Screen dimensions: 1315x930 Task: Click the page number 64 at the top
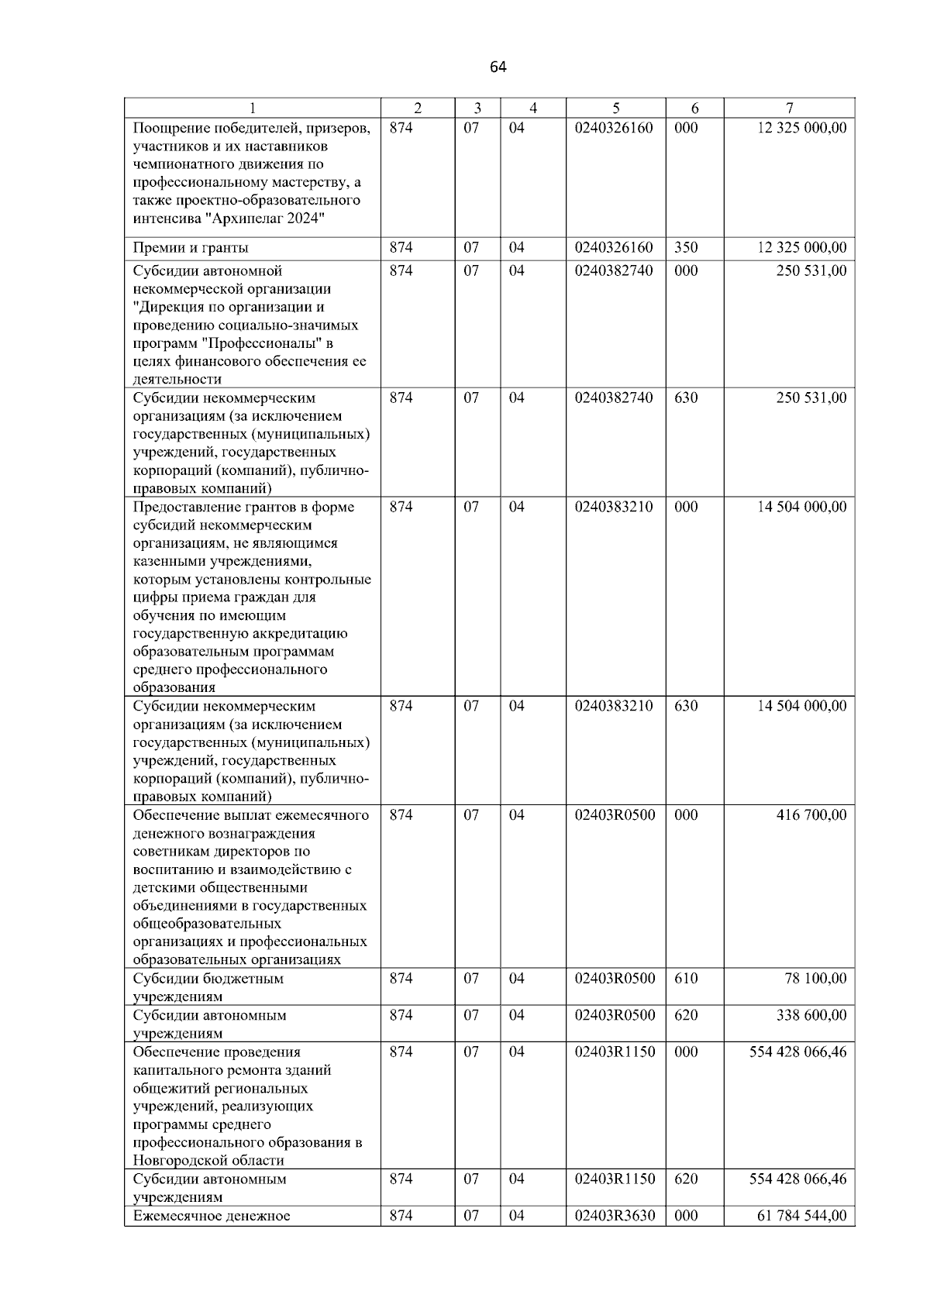point(498,67)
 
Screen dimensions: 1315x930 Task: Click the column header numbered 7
point(789,108)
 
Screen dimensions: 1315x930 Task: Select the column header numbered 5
point(615,108)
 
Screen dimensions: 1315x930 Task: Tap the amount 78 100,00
point(815,979)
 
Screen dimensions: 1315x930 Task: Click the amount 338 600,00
point(811,1015)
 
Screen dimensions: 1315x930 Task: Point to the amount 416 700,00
point(811,815)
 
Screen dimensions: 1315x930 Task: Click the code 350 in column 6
point(686,248)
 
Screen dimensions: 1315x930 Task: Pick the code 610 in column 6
point(686,979)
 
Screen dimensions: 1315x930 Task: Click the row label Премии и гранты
point(191,248)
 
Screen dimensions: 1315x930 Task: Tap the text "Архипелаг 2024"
point(265,219)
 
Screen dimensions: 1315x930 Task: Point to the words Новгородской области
point(208,1161)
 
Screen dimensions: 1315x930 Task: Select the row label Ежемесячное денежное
point(212,1216)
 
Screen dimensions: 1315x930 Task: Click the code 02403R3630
point(615,1216)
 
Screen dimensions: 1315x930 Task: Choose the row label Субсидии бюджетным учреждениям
point(208,986)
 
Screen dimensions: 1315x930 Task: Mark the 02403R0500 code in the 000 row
point(615,815)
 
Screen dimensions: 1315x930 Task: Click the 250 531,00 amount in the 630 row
point(811,398)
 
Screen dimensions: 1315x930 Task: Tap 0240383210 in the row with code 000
point(614,508)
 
